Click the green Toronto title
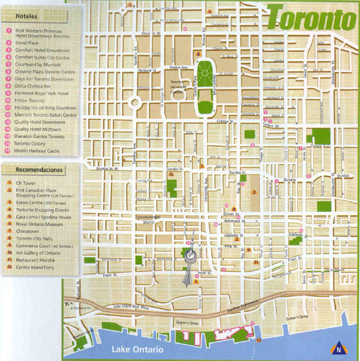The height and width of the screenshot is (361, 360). click(x=312, y=19)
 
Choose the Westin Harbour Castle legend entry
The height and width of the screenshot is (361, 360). click(x=40, y=151)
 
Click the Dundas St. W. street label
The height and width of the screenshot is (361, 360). click(x=109, y=169)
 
